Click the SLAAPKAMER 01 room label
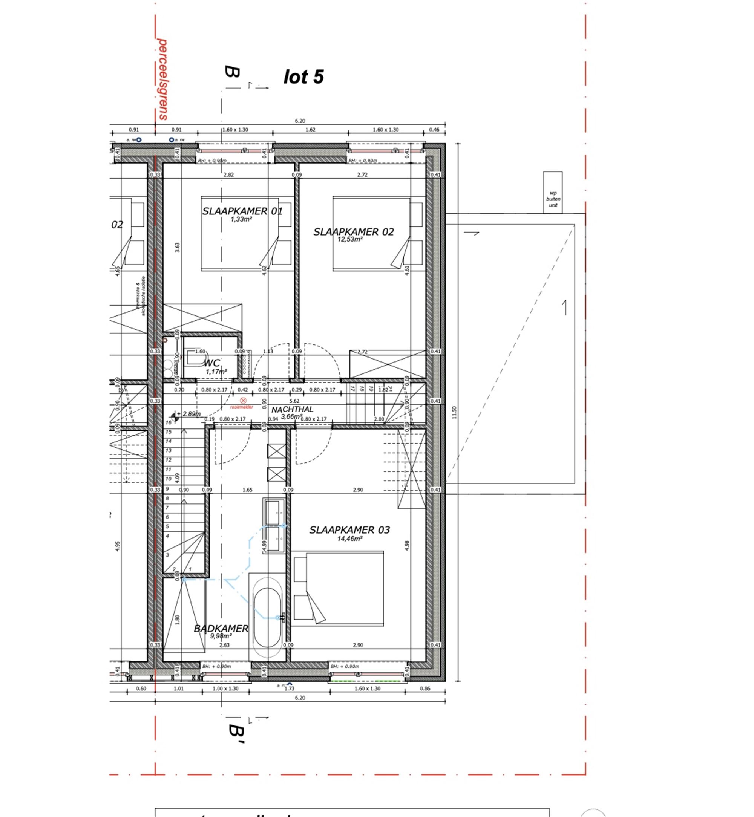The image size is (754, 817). [242, 211]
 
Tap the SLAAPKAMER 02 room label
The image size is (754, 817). [353, 232]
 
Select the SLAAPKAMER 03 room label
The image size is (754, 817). [349, 530]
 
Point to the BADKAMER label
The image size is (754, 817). [221, 629]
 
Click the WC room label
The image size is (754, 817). [212, 363]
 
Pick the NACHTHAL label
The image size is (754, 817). [292, 409]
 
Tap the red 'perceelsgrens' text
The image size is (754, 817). [163, 79]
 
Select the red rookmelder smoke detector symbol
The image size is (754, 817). [243, 401]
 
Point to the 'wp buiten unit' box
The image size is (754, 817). [553, 192]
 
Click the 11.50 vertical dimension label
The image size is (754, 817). [455, 412]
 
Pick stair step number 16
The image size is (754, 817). [169, 422]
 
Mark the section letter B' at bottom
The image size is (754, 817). [236, 734]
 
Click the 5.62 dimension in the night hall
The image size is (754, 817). [294, 401]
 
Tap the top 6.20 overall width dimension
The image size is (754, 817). [300, 121]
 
